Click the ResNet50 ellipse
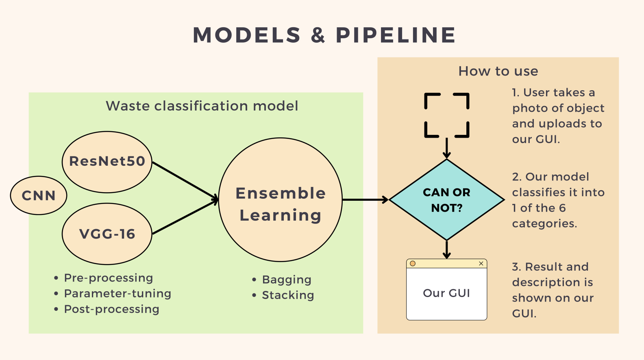[x=107, y=162]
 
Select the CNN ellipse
[x=39, y=195]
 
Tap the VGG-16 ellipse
[x=107, y=234]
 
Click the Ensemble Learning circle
[x=281, y=200]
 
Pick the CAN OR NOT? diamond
[x=446, y=200]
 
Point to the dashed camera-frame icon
[x=447, y=115]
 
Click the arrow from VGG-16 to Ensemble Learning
[x=185, y=217]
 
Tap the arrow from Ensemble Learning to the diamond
[x=365, y=200]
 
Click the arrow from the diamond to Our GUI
[x=447, y=249]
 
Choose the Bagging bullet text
[x=287, y=280]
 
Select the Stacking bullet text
[x=288, y=295]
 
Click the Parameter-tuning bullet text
[x=117, y=293]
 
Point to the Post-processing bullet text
[x=112, y=309]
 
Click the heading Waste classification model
[x=202, y=106]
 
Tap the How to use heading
[x=498, y=72]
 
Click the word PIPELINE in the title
[x=396, y=35]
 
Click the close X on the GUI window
[x=481, y=264]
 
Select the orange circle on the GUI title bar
[x=413, y=264]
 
